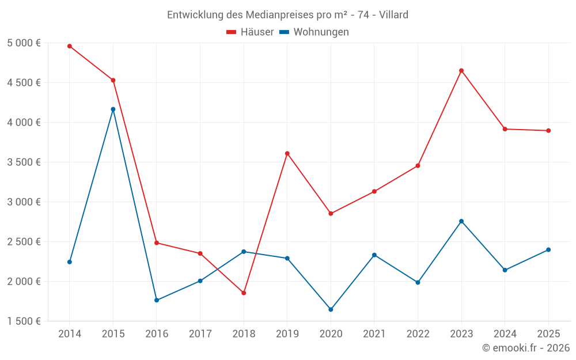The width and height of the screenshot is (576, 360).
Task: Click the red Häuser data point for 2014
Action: point(70,46)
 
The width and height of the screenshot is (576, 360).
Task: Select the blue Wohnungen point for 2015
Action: point(113,109)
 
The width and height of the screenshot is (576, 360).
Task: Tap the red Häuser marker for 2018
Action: point(244,293)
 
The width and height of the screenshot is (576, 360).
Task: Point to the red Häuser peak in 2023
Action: point(461,71)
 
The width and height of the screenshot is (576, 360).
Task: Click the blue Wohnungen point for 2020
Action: point(331,310)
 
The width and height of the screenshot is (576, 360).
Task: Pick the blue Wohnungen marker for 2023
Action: point(461,221)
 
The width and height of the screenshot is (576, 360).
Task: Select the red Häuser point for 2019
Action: point(287,153)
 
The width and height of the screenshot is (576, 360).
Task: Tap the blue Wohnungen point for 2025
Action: point(548,250)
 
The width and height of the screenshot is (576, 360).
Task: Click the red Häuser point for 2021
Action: point(374,191)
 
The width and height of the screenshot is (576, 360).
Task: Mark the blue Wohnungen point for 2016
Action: point(157,300)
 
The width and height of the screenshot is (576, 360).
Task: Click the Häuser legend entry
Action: point(250,32)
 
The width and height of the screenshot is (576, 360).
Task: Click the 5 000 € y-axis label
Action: point(24,43)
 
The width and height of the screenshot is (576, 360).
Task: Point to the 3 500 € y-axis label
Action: point(24,162)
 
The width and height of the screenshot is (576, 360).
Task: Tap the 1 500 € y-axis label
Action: point(24,321)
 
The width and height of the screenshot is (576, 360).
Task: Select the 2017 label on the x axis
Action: point(200,334)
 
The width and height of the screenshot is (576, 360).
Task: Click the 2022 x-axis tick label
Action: point(418,334)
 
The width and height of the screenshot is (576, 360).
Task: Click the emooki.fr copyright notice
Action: point(525,348)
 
